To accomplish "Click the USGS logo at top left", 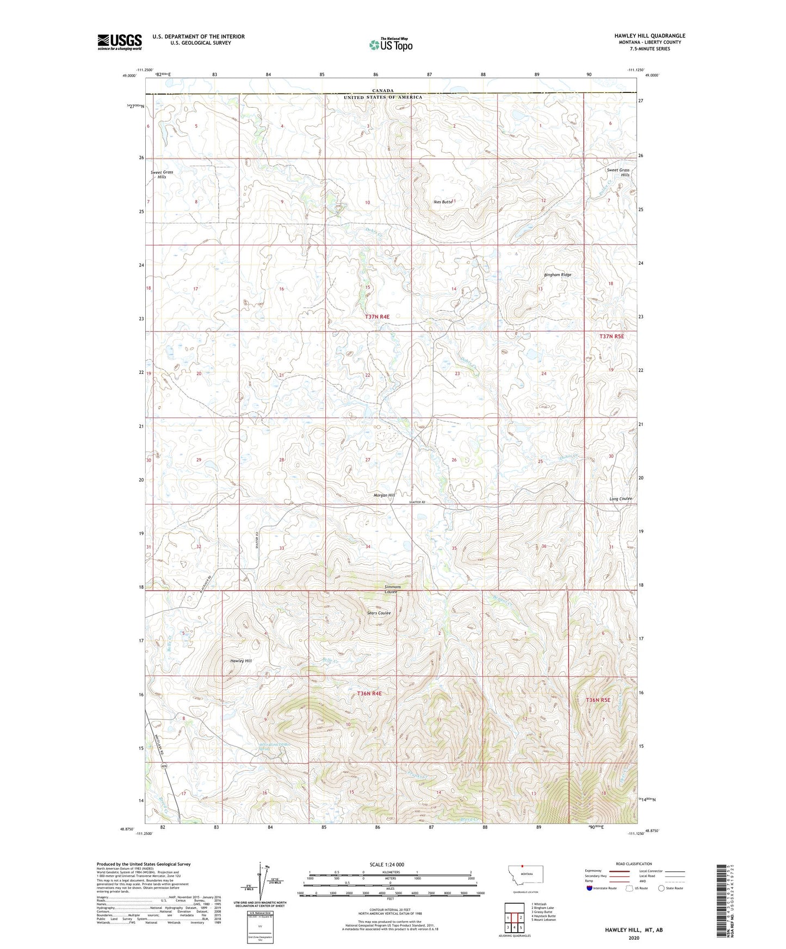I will tap(120, 42).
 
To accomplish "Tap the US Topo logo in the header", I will tap(391, 45).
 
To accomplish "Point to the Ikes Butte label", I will tap(443, 202).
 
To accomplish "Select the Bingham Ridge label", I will tap(558, 275).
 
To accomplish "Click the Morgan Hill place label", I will tap(384, 495).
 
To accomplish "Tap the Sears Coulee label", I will tap(379, 613).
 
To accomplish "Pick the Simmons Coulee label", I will tap(392, 589).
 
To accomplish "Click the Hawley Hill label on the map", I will tap(241, 661).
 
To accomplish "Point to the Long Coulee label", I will tap(620, 499).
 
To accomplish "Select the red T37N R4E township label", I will tap(377, 316).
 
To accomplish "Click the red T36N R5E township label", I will tap(599, 701).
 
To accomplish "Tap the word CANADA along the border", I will tap(383, 91).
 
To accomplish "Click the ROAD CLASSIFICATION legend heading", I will tap(634, 864).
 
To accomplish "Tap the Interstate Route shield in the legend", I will tap(590, 889).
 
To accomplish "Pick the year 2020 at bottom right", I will tap(634, 938).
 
